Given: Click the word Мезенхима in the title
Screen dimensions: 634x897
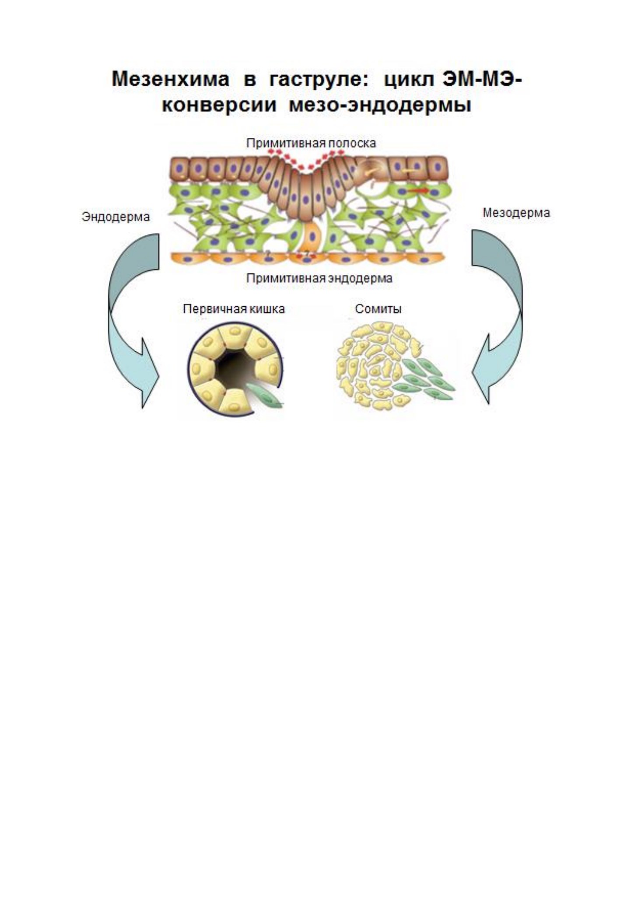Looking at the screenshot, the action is pyautogui.click(x=171, y=79).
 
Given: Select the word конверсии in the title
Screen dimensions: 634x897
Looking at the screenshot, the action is pyautogui.click(x=219, y=105).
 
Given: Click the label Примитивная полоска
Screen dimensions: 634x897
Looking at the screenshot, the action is pyautogui.click(x=311, y=143).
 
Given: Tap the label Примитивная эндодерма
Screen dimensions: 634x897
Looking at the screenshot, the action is pyautogui.click(x=319, y=278).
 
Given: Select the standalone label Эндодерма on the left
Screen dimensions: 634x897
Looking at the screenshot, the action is pyautogui.click(x=116, y=217).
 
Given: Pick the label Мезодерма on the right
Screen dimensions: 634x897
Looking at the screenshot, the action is pyautogui.click(x=516, y=213).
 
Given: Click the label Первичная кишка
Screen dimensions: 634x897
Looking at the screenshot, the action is pyautogui.click(x=234, y=309).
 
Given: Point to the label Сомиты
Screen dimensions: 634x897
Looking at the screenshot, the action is pyautogui.click(x=378, y=309).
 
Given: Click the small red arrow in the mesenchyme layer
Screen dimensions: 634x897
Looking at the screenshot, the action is pyautogui.click(x=420, y=191).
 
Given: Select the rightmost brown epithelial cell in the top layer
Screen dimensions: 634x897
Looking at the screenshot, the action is pyautogui.click(x=437, y=167).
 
